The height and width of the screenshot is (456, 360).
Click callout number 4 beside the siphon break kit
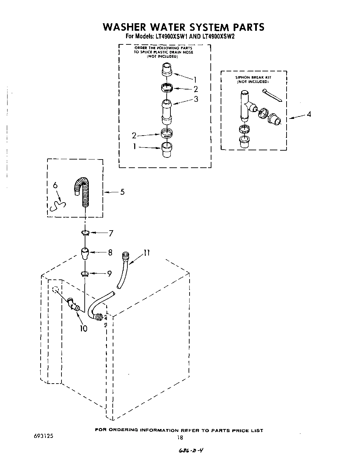pyautogui.click(x=309, y=114)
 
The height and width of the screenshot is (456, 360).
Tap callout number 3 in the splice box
pyautogui.click(x=196, y=99)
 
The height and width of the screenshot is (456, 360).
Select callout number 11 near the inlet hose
pyautogui.click(x=147, y=253)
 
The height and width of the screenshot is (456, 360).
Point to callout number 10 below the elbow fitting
pyautogui.click(x=83, y=329)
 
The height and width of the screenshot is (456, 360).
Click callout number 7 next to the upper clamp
pyautogui.click(x=111, y=234)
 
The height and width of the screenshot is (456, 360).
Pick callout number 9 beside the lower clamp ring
pyautogui.click(x=109, y=274)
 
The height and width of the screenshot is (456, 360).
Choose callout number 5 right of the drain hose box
pyautogui.click(x=122, y=192)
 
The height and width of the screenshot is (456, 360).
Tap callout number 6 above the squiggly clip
pyautogui.click(x=55, y=185)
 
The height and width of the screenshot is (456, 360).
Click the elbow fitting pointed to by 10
pyautogui.click(x=73, y=303)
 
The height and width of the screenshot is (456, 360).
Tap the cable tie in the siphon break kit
pyautogui.click(x=272, y=96)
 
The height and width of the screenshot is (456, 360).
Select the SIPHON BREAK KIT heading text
pyautogui.click(x=253, y=78)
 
